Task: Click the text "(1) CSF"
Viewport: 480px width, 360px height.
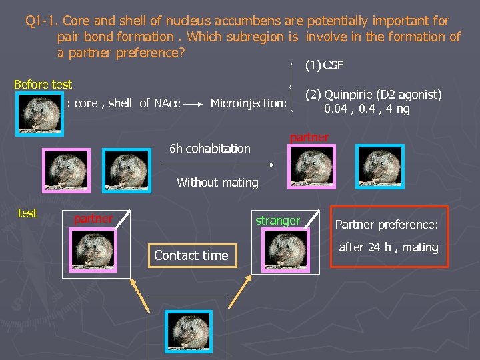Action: [x=324, y=65]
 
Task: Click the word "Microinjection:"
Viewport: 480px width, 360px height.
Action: [x=249, y=103]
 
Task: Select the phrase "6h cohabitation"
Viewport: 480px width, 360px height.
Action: [x=210, y=148]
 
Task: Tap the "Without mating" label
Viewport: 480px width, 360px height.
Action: [x=217, y=182]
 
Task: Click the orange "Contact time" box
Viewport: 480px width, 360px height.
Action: [x=191, y=255]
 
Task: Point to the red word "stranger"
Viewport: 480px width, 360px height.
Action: [x=278, y=220]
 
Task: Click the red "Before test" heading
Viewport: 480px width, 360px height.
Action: [x=43, y=85]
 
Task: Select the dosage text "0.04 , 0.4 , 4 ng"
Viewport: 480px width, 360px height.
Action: [x=367, y=109]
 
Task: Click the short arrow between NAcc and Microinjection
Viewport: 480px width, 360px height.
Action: [x=195, y=104]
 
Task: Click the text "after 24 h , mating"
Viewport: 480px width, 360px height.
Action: [x=389, y=247]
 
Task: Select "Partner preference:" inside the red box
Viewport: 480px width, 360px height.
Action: [x=386, y=225]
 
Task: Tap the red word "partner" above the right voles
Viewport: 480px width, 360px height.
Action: [x=309, y=137]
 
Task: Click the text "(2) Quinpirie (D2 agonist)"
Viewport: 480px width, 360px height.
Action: [x=373, y=95]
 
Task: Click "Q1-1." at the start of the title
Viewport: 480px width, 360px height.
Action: [x=41, y=21]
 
